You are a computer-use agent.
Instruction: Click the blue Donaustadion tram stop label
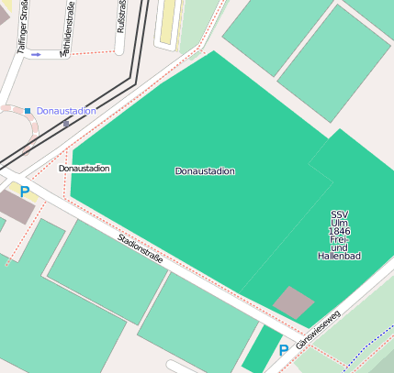pos(66,111)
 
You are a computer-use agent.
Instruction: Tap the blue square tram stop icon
pos(28,111)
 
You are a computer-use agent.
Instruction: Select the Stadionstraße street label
pos(141,248)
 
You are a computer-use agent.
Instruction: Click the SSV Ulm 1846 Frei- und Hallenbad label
pos(339,235)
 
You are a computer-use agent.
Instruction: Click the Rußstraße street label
pos(121,16)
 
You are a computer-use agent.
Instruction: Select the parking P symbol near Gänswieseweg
pos(283,350)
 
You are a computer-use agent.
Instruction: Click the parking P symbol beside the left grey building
pos(24,192)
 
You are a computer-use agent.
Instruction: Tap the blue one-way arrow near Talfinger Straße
pos(36,55)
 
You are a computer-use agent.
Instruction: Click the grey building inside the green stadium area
pos(294,302)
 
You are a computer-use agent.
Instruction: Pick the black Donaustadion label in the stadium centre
pos(205,171)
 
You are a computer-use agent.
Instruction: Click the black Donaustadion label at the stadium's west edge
pos(84,169)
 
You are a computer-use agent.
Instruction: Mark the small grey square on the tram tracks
pos(65,123)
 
